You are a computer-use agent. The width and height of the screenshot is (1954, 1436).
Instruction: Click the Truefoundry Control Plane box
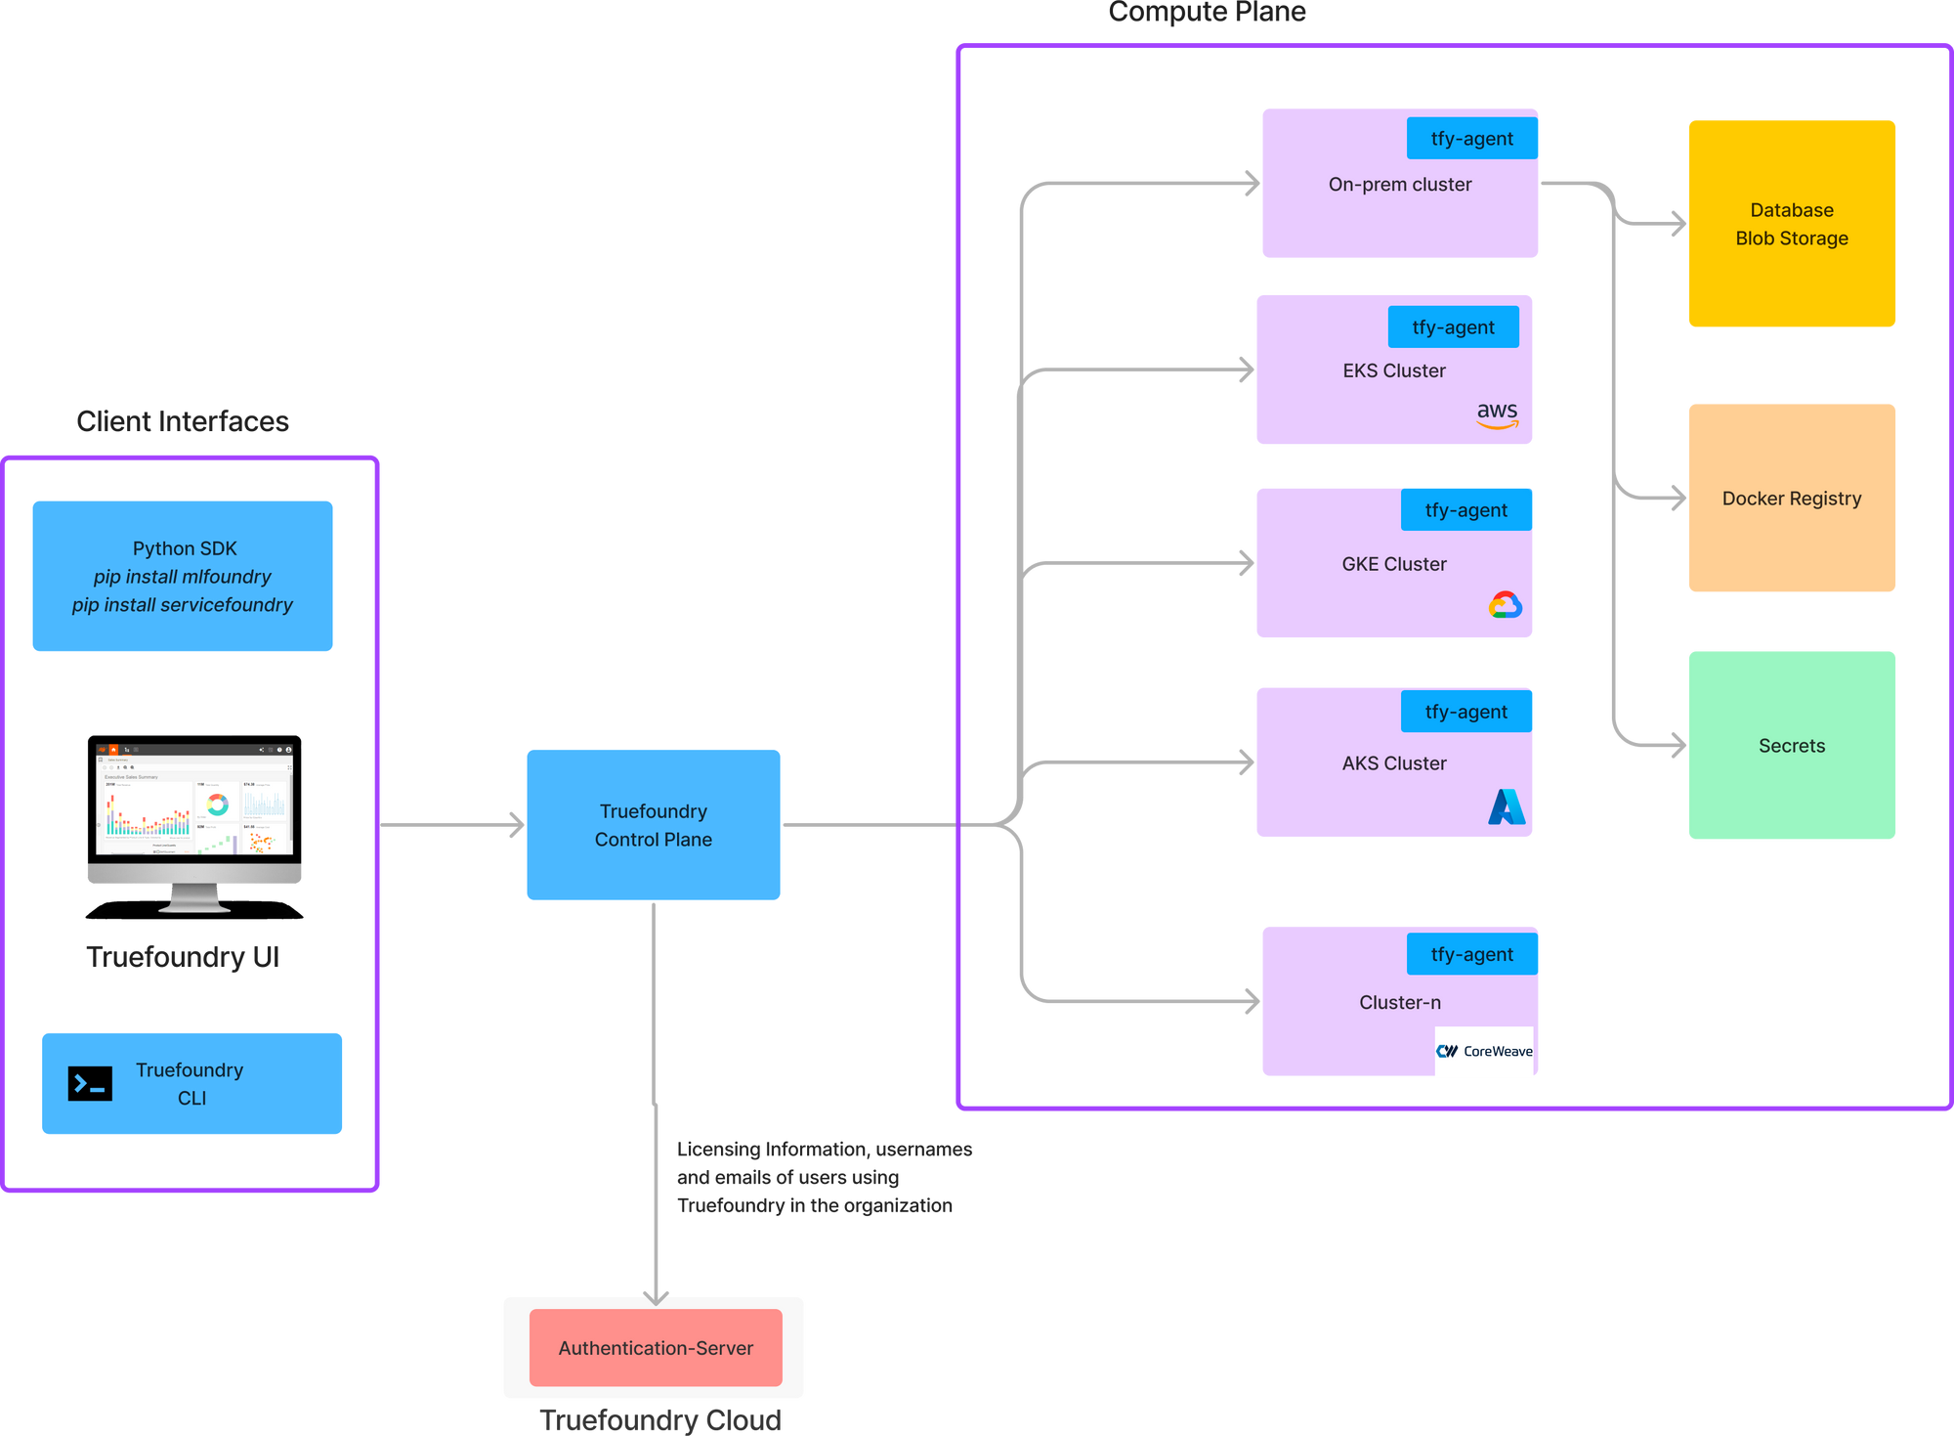pos(653,824)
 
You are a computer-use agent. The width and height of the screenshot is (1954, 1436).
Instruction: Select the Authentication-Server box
pos(656,1347)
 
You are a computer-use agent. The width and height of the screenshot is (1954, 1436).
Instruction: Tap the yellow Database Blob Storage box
pos(1791,224)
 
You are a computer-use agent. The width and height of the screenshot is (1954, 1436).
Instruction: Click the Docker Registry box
pos(1791,498)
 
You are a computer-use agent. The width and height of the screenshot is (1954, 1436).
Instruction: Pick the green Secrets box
pos(1791,745)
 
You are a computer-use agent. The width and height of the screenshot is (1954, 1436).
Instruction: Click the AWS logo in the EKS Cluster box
pos(1497,414)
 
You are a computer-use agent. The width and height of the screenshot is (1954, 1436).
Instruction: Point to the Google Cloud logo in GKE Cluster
pos(1505,605)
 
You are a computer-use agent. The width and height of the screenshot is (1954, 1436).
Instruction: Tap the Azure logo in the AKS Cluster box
pos(1506,806)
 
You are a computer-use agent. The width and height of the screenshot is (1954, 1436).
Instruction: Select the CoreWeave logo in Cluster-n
pos(1484,1051)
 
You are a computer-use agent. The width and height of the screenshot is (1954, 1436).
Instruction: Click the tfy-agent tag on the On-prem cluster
pos(1471,139)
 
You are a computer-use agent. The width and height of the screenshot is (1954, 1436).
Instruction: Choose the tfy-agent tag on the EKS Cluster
pos(1453,327)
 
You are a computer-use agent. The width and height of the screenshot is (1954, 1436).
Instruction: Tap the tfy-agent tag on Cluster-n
pos(1471,954)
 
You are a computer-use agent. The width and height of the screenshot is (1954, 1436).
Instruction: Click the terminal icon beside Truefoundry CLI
pos(90,1084)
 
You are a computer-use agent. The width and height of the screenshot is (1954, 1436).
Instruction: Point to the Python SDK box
pos(183,576)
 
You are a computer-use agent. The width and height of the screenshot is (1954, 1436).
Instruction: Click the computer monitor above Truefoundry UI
pos(194,819)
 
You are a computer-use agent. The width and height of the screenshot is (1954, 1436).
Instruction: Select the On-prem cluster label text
pos(1399,185)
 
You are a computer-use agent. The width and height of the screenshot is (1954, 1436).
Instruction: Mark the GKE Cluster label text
pos(1393,564)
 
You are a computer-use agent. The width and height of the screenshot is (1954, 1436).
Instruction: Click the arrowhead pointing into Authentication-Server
pos(655,1296)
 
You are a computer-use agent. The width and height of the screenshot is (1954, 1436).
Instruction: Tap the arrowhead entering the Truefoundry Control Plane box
pos(516,824)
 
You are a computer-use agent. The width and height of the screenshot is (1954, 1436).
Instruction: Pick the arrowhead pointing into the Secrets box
pos(1678,745)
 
